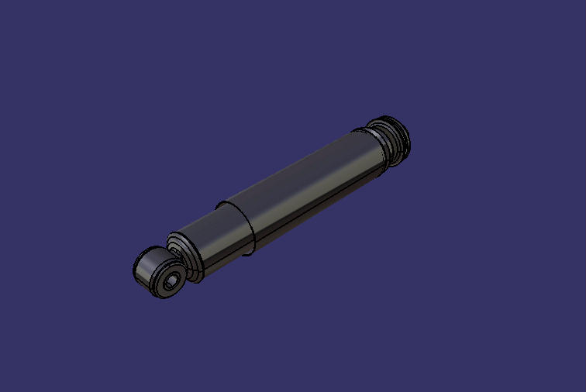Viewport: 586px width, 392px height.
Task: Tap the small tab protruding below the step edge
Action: click(248, 253)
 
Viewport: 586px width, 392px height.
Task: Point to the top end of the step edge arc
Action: click(221, 204)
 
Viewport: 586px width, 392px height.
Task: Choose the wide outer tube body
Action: click(310, 186)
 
